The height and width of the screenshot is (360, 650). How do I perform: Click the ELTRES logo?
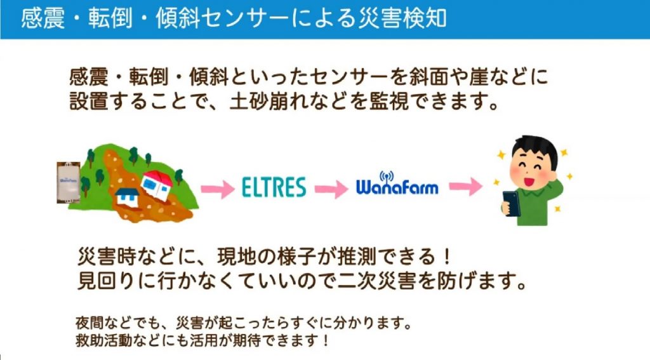pyautogui.click(x=274, y=187)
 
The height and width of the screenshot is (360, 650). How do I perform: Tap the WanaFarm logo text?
pyautogui.click(x=397, y=188)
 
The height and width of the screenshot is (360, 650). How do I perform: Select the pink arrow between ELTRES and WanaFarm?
pyautogui.click(x=331, y=189)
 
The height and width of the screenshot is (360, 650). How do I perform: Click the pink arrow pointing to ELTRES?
pyautogui.click(x=218, y=190)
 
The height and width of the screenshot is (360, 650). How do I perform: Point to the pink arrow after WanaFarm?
pyautogui.click(x=466, y=186)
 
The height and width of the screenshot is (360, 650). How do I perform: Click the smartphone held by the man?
pyautogui.click(x=511, y=203)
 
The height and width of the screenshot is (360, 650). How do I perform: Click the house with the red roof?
pyautogui.click(x=157, y=185)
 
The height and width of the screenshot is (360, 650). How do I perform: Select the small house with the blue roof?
pyautogui.click(x=126, y=196)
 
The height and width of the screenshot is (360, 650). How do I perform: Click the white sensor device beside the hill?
pyautogui.click(x=69, y=182)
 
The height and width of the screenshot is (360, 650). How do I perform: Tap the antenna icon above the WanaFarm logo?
pyautogui.click(x=387, y=177)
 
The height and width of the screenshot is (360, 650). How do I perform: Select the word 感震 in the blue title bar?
pyautogui.click(x=43, y=18)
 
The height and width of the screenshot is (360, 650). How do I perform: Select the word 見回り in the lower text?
pyautogui.click(x=106, y=281)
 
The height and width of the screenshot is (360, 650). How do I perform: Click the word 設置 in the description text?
pyautogui.click(x=89, y=101)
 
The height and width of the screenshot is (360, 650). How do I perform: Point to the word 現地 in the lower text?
pyautogui.click(x=237, y=257)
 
